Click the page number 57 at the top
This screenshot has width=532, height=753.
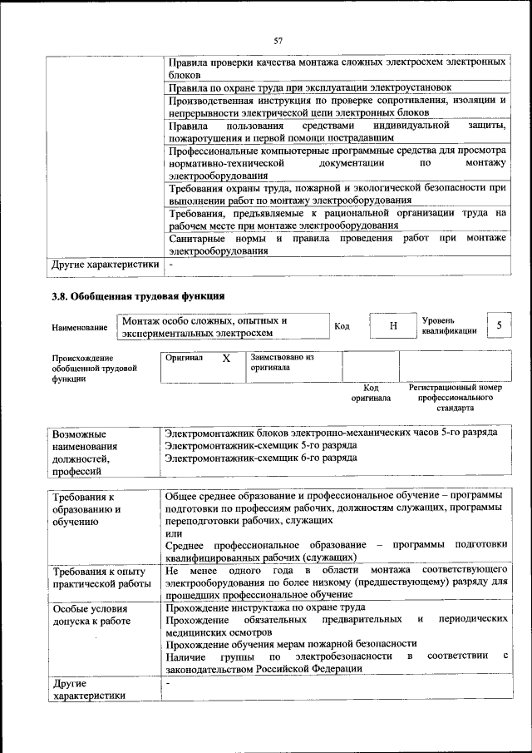[278, 39]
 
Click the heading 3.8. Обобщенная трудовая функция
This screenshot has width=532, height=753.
[138, 295]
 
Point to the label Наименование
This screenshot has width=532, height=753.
[80, 328]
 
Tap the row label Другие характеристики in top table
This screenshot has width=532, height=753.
[105, 265]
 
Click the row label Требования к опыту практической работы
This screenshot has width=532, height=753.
[100, 578]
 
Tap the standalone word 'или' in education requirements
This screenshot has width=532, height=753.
[174, 533]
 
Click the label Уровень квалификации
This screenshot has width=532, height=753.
[449, 325]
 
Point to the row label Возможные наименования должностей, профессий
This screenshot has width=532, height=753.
[85, 453]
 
